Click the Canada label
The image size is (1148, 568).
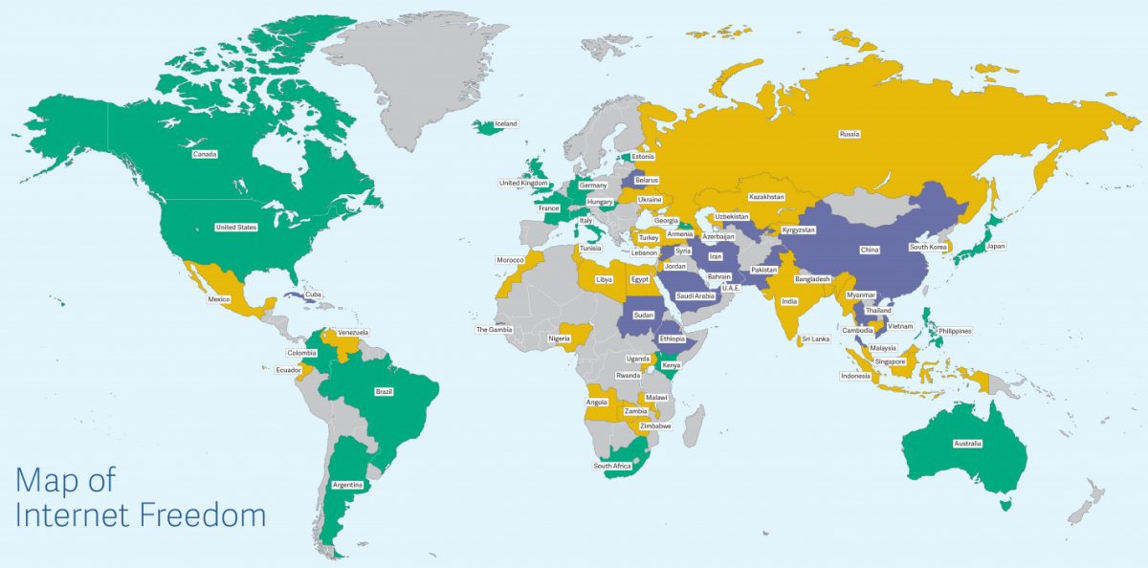click(204, 154)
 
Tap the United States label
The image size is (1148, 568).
click(236, 228)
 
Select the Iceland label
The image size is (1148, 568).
click(504, 123)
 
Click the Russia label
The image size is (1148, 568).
click(849, 134)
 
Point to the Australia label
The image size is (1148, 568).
click(966, 444)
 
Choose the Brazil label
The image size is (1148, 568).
click(385, 391)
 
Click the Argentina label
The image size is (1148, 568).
click(347, 485)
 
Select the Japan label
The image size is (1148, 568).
click(996, 246)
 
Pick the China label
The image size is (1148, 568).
click(869, 250)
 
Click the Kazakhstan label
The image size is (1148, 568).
click(766, 197)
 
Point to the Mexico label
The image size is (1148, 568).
click(219, 299)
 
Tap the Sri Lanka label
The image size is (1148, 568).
click(815, 339)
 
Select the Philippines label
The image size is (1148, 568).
click(954, 331)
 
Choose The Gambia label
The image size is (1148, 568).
click(495, 329)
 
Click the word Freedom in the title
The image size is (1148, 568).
click(203, 515)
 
